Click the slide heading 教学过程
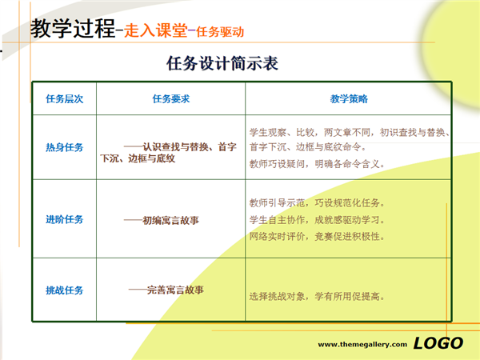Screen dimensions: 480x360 point(73,29)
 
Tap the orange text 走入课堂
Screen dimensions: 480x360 point(156,30)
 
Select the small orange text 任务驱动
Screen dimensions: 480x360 point(220,32)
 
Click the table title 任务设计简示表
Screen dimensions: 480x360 point(222,63)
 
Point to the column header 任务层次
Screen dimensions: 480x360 point(65,99)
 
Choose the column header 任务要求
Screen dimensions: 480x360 point(171,99)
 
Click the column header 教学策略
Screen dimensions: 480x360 point(349,99)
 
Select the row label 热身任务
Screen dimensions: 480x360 point(65,147)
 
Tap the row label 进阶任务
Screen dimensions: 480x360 point(65,219)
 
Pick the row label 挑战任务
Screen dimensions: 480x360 point(65,290)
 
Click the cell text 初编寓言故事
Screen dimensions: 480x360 point(171,220)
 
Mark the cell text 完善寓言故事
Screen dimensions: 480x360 point(175,290)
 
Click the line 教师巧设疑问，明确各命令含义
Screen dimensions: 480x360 point(317,164)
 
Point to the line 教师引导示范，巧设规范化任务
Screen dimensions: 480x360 point(317,202)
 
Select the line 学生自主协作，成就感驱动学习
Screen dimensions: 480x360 point(317,220)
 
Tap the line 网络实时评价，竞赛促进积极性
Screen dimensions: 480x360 point(317,236)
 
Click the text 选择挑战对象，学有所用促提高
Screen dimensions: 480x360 point(317,296)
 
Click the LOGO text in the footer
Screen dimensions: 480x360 point(438,343)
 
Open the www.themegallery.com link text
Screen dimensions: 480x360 point(362,344)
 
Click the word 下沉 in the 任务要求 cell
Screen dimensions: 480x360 point(110,158)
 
